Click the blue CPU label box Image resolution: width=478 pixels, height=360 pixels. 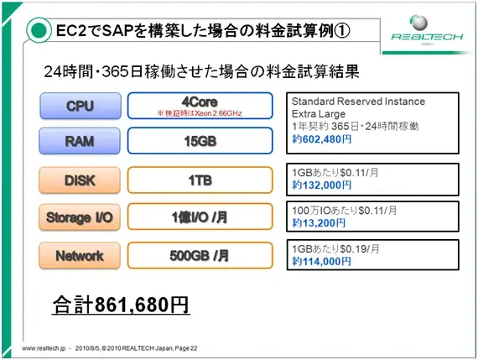tap(80, 107)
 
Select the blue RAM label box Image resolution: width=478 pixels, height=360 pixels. tap(80, 142)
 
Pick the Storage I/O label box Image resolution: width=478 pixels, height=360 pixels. tap(80, 217)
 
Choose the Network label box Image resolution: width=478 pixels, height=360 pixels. tap(80, 256)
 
